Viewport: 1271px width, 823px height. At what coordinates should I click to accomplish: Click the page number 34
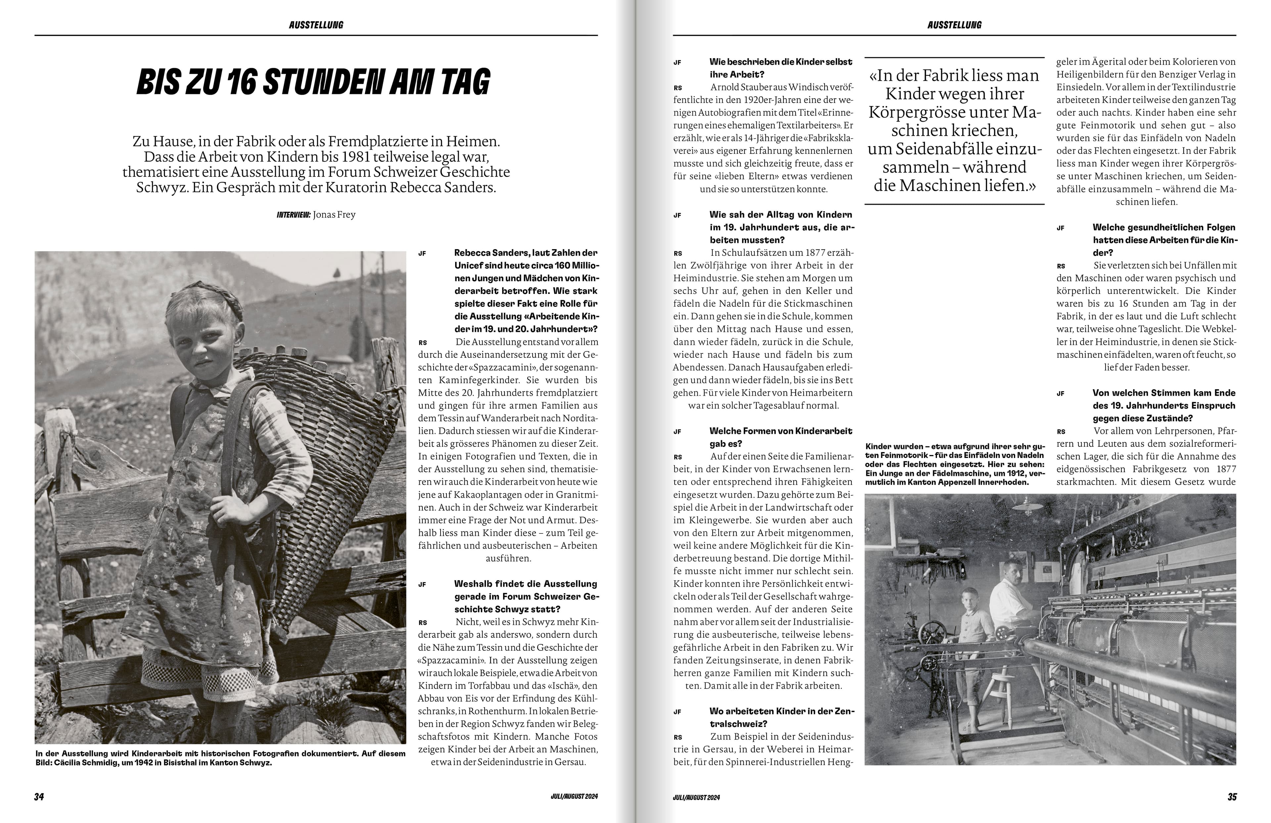39,796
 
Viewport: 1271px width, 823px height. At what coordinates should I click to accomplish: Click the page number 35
1232,796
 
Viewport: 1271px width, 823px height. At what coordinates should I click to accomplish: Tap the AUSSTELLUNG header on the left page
316,24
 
